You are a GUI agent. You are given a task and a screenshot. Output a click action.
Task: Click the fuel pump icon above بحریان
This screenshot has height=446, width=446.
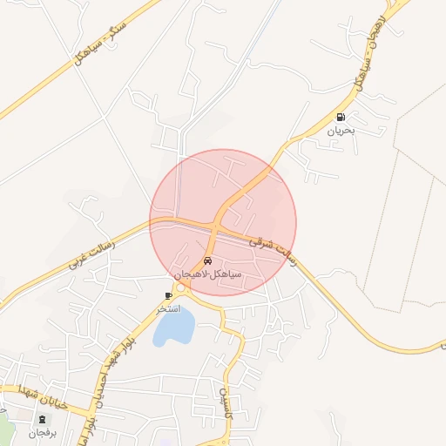point(340,117)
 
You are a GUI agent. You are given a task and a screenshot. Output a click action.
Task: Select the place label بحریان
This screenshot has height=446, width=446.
point(341,131)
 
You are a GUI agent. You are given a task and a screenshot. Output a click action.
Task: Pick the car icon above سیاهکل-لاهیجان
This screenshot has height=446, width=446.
point(207,260)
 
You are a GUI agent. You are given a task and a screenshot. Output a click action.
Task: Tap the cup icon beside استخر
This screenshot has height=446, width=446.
point(169,296)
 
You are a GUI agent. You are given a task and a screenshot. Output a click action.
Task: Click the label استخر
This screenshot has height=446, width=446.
point(167,309)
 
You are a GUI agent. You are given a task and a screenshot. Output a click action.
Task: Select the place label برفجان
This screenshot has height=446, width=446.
point(41,433)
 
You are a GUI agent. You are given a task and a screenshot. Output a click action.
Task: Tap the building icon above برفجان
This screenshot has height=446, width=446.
point(42,420)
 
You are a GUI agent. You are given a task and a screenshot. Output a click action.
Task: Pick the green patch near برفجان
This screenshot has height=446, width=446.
point(4,427)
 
